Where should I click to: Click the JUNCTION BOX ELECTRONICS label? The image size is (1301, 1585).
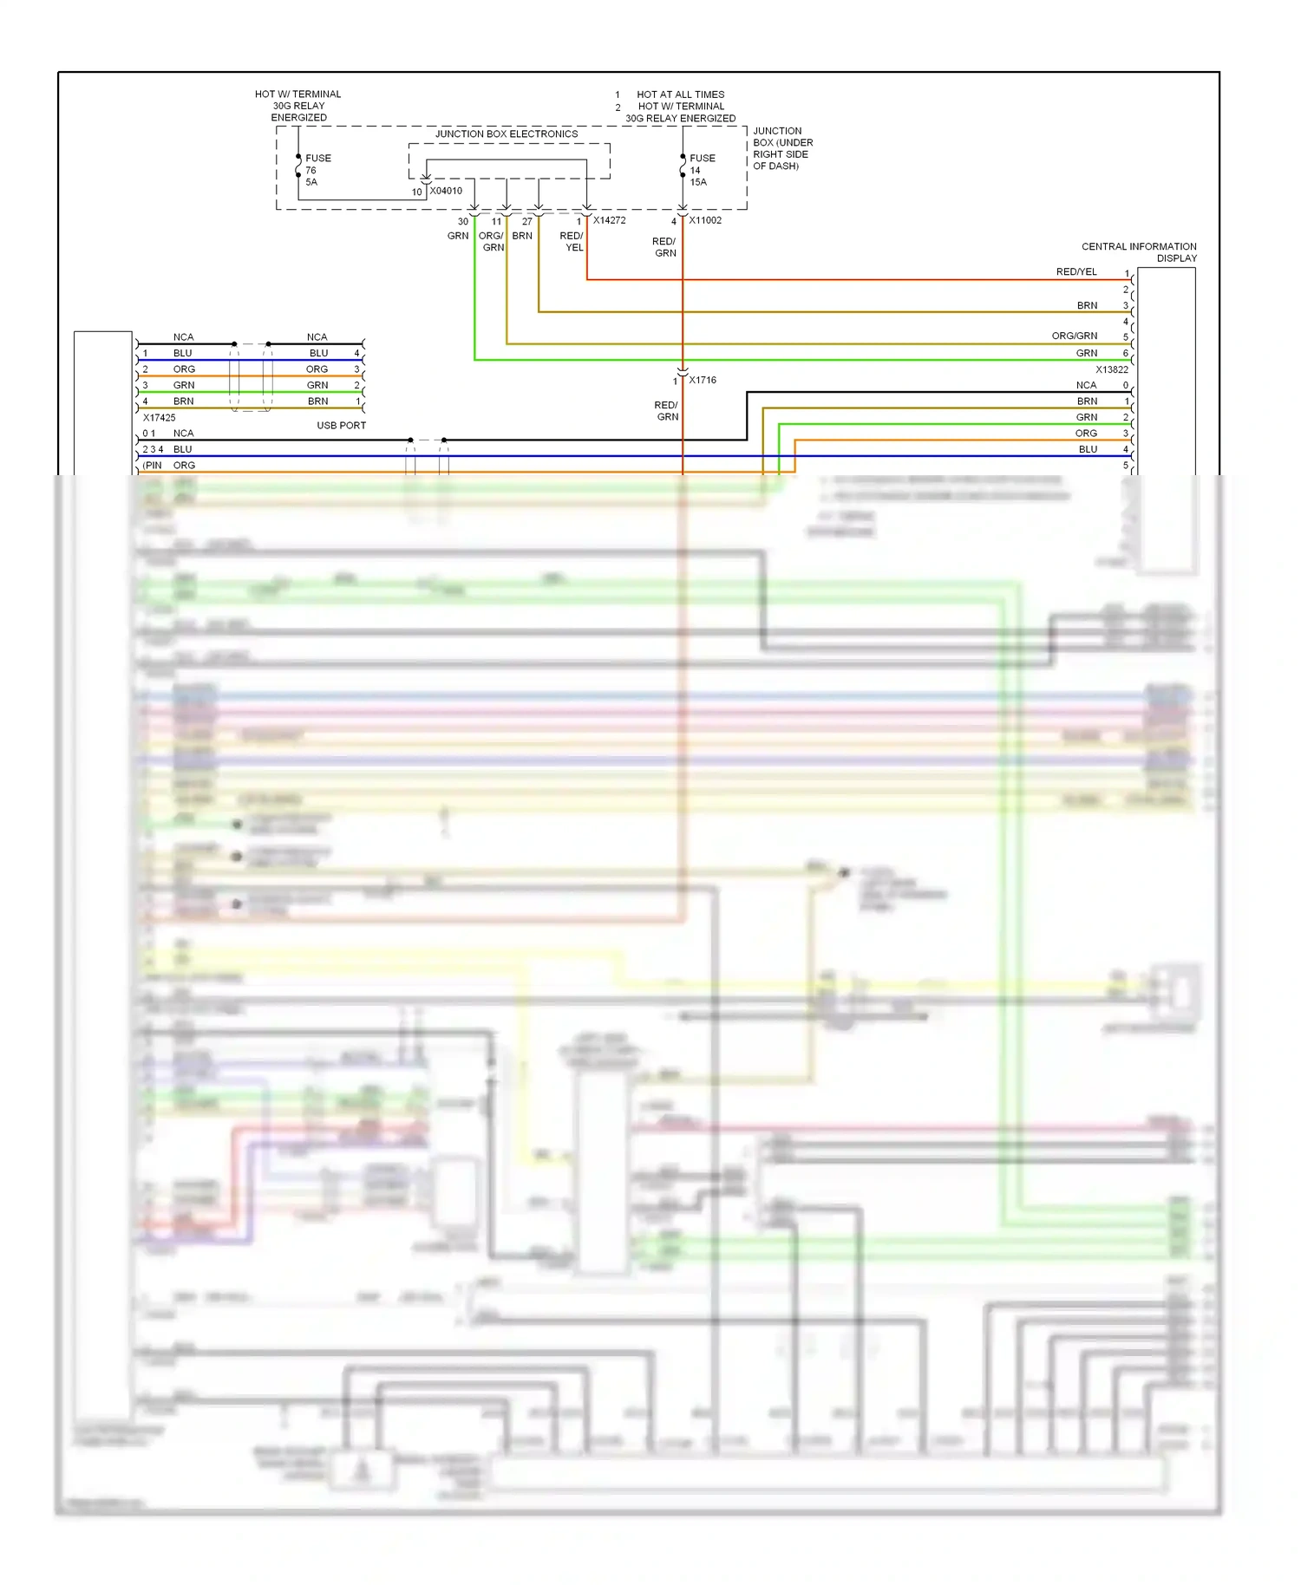506,134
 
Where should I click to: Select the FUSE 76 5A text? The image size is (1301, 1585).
317,170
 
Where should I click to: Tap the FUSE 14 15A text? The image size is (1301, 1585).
702,170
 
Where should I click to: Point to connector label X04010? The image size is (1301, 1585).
446,191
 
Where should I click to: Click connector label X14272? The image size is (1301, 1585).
609,220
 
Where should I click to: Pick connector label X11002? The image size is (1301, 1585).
705,220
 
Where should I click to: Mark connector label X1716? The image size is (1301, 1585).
703,380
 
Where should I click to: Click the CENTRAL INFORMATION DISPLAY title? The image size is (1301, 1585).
1138,252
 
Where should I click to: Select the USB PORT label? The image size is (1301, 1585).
341,425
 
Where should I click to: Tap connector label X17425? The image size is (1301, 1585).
159,417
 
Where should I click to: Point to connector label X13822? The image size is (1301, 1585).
1111,369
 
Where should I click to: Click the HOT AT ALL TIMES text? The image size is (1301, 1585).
680,95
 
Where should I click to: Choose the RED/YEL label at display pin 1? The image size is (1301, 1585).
1075,271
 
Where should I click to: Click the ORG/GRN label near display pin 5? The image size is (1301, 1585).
1074,336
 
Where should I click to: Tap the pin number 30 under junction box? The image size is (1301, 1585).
462,221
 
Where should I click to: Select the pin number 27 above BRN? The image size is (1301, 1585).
526,221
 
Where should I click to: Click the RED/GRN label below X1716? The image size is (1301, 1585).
666,411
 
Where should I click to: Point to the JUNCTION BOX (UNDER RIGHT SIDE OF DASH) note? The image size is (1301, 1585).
782,148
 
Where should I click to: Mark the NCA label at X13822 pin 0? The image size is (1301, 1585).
1086,385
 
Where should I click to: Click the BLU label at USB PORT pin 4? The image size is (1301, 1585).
318,353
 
